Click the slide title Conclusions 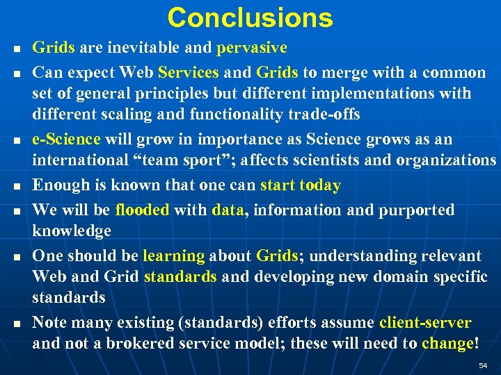tap(250, 17)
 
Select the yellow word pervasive tap(251, 48)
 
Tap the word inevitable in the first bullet tap(149, 48)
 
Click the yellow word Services tap(189, 72)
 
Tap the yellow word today tap(319, 185)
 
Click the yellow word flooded tap(142, 210)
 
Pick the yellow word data tap(228, 210)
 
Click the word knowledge tap(72, 231)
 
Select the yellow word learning tap(173, 256)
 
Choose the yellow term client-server tap(425, 323)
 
